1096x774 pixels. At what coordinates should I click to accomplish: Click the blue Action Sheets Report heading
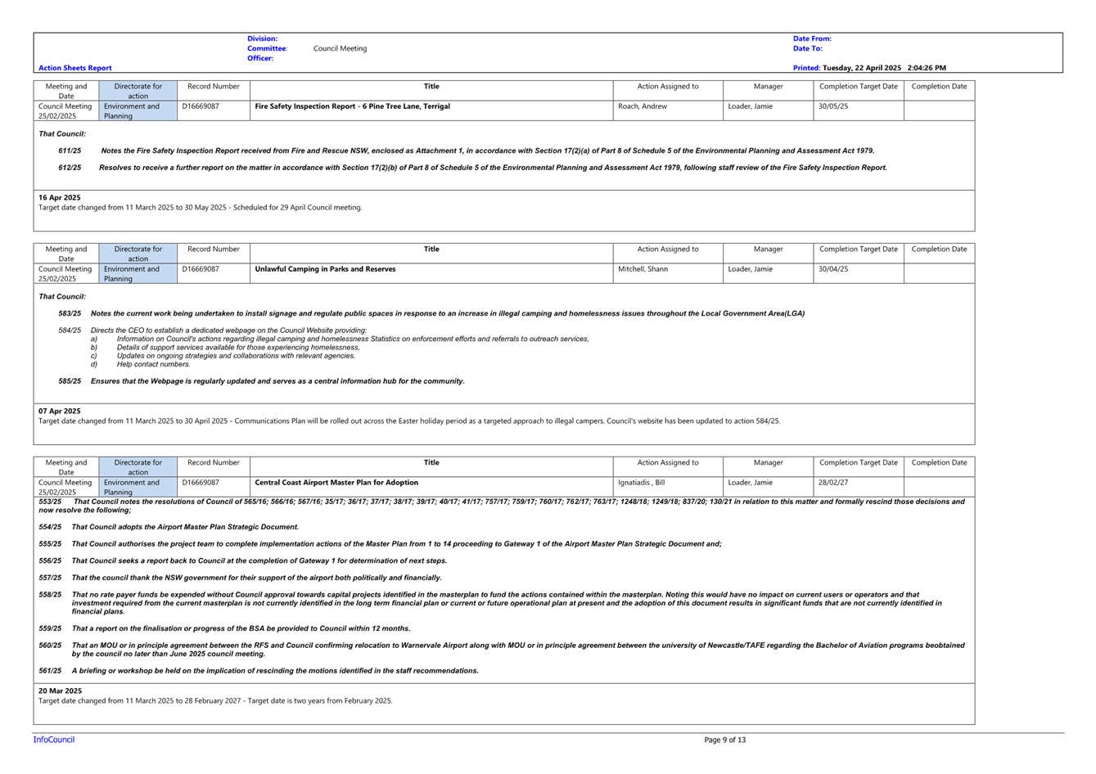click(74, 68)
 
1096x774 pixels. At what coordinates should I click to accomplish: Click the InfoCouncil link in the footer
click(54, 740)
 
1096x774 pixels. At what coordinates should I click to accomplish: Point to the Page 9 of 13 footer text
click(724, 740)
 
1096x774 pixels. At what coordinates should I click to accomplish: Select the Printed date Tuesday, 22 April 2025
click(862, 68)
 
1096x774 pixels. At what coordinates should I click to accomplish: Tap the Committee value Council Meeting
click(340, 48)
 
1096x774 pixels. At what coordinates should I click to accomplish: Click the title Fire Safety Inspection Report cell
click(352, 106)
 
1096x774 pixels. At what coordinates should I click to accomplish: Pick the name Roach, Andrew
click(643, 106)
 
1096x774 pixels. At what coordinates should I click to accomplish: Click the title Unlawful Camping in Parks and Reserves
click(326, 269)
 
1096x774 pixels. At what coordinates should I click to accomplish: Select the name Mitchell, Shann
click(643, 269)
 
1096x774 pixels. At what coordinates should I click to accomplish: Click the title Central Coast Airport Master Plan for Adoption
click(336, 482)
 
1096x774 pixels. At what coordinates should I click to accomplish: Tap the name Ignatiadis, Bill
click(642, 482)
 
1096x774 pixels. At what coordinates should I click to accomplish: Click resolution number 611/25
click(70, 151)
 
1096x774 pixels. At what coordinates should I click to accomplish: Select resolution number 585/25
click(70, 381)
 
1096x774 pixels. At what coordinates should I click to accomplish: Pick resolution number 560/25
click(50, 646)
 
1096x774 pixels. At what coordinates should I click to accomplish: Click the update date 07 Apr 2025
click(60, 412)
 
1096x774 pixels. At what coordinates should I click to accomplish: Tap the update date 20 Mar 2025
click(61, 691)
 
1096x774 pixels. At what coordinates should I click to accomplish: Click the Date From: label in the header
click(812, 38)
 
